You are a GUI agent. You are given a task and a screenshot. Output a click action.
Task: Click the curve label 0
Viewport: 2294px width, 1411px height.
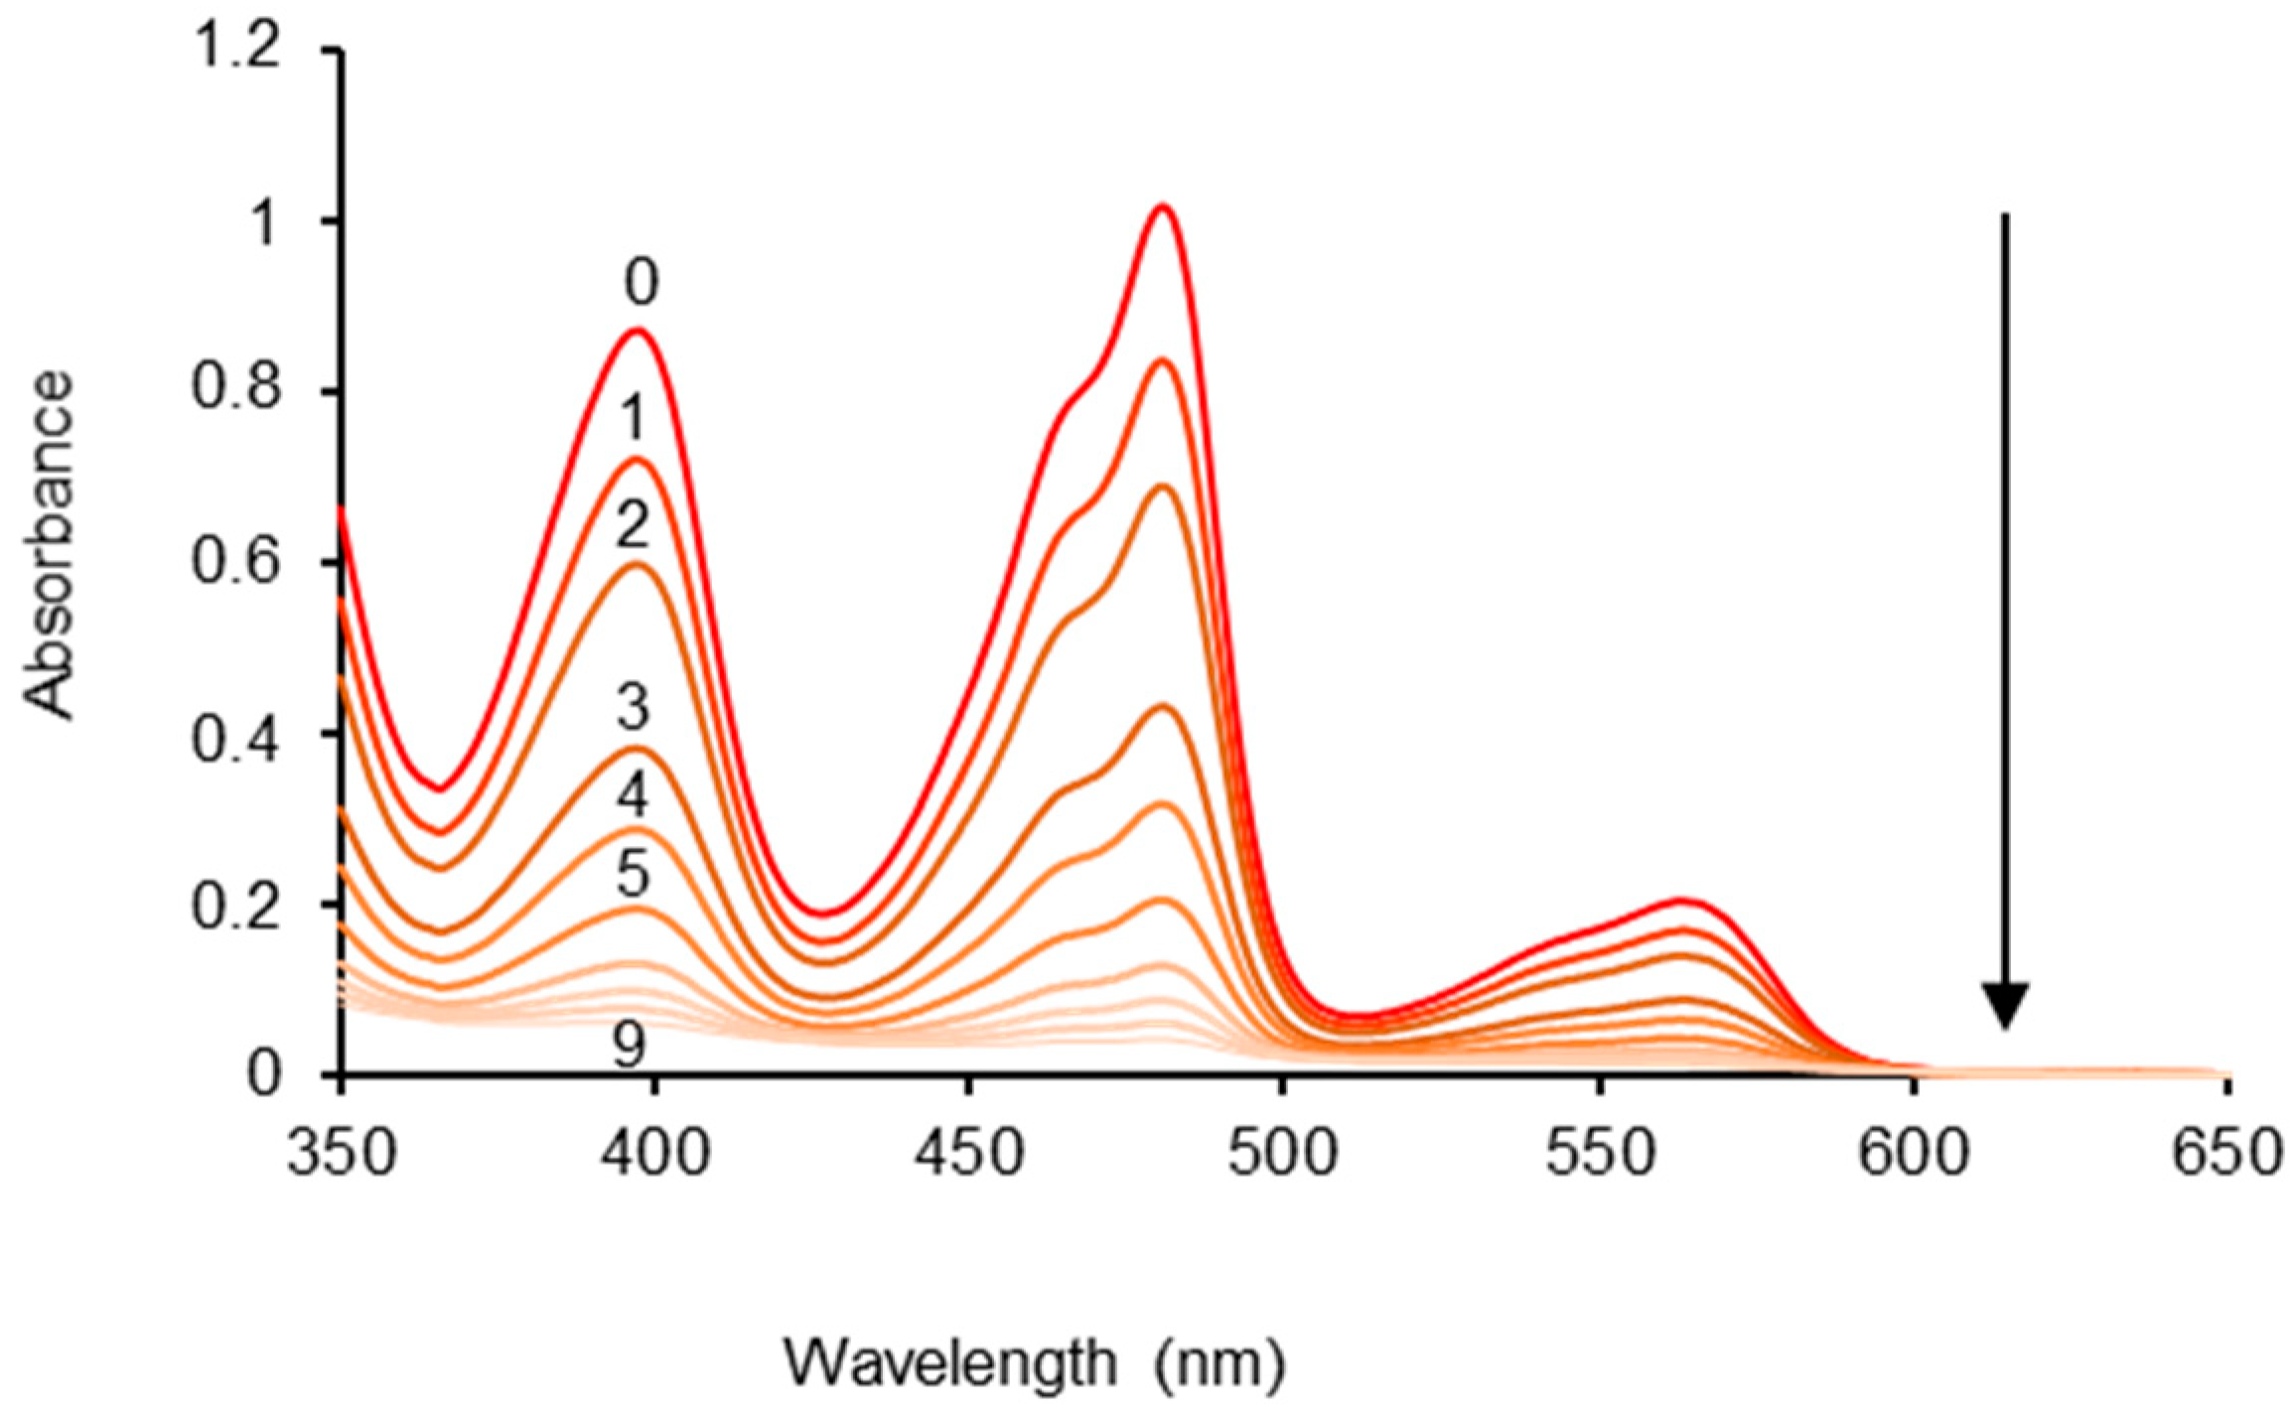(641, 283)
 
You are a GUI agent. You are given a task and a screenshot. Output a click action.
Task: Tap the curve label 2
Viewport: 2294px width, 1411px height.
(632, 526)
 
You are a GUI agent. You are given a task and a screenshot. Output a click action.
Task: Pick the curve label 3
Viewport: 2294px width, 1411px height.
(632, 708)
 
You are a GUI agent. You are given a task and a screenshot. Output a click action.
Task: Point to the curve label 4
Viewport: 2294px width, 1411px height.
(632, 794)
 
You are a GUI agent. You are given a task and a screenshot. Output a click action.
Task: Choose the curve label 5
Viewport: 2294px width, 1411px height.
(632, 875)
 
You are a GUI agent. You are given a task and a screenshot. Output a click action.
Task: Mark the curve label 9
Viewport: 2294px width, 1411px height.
(628, 1046)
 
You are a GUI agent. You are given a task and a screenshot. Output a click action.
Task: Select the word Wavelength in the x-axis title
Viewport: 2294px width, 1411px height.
(951, 1362)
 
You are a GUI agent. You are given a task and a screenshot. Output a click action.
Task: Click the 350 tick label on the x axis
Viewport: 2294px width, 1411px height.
(342, 1155)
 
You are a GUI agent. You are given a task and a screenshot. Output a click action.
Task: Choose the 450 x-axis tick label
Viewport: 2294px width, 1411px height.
(968, 1155)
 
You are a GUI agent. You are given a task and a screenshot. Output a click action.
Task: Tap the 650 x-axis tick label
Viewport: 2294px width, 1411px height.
(2224, 1155)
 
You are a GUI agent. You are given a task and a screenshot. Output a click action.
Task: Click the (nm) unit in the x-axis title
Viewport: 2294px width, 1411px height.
(1219, 1364)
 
